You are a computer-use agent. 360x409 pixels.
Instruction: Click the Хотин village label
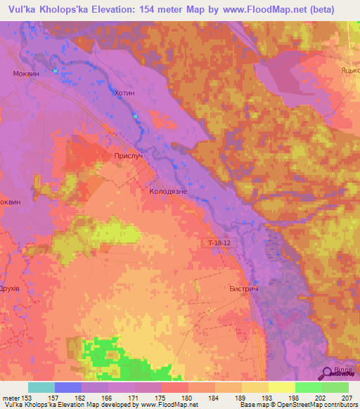click(123, 92)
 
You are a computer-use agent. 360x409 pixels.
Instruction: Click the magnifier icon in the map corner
click(328, 373)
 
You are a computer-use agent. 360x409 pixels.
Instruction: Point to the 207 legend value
click(347, 398)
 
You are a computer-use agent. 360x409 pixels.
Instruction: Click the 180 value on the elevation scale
click(186, 398)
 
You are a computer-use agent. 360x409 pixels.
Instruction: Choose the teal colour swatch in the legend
click(41, 387)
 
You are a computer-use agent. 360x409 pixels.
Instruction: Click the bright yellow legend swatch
click(282, 387)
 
